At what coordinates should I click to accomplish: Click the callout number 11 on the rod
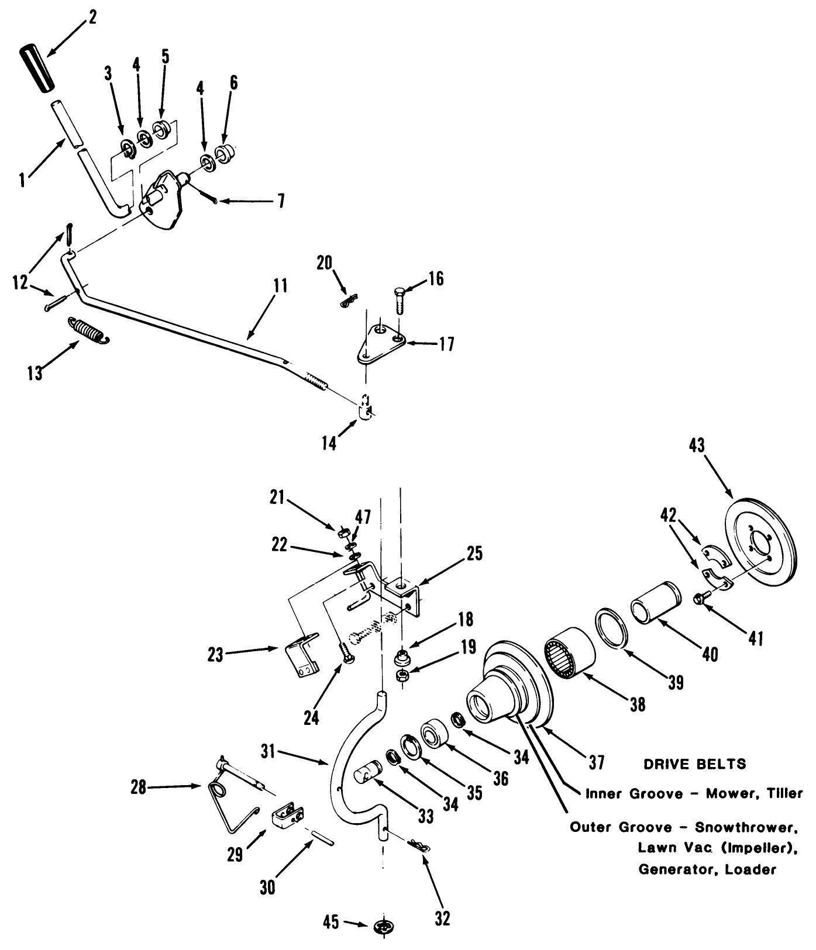(x=280, y=286)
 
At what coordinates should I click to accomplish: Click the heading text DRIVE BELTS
(x=694, y=764)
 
